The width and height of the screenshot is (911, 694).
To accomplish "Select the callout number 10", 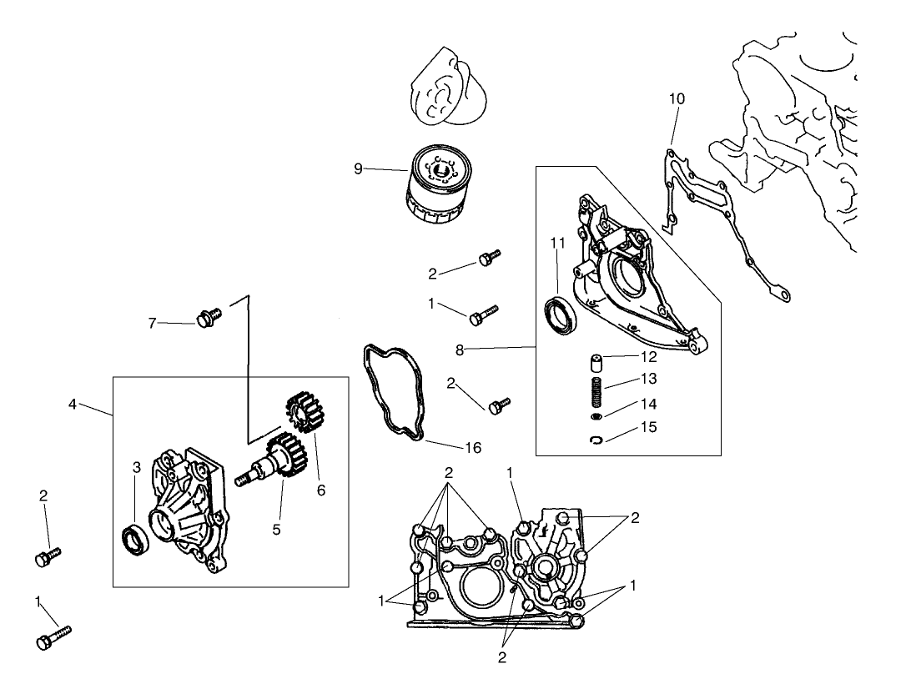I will (677, 98).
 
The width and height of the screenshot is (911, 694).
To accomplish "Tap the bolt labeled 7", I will (206, 318).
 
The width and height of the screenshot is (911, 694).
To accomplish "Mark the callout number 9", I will (358, 168).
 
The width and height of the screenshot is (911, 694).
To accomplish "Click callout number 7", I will (152, 323).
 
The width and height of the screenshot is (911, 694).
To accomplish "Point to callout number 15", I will (648, 427).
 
